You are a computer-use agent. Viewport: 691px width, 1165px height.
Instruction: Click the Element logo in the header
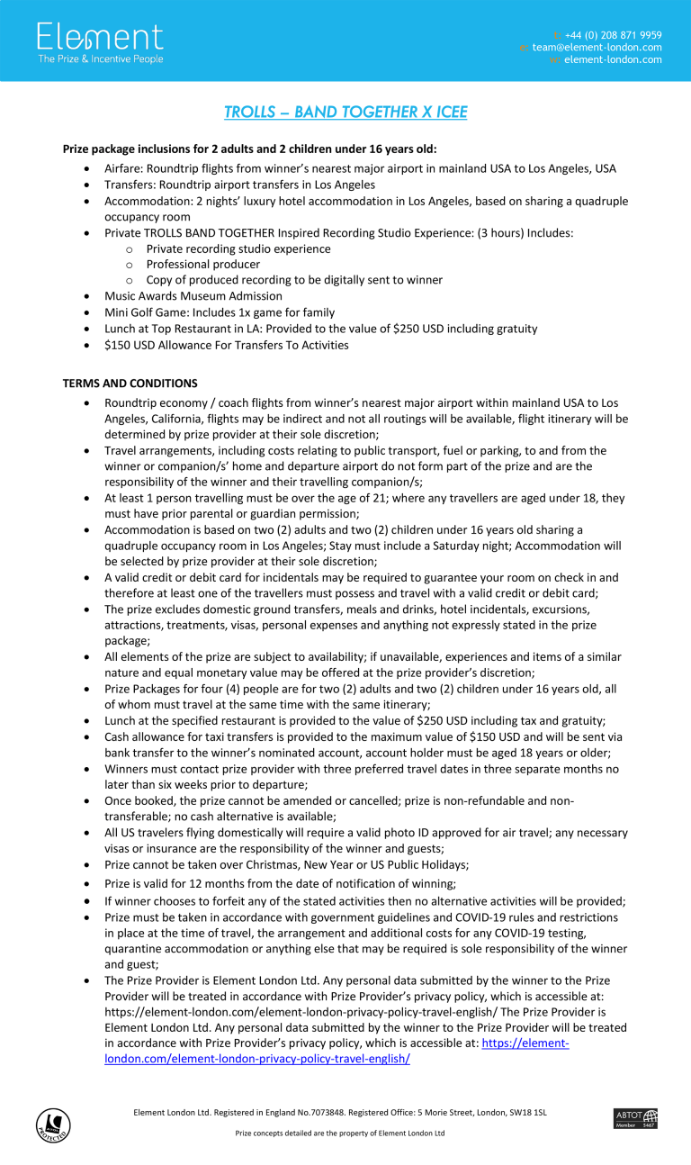(100, 38)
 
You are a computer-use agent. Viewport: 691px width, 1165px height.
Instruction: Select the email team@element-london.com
(597, 48)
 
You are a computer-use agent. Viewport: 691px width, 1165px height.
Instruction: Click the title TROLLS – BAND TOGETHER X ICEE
(345, 113)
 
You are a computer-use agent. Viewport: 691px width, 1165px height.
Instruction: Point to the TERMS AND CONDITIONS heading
(130, 384)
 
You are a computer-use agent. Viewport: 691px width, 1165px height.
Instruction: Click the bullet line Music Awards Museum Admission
(193, 296)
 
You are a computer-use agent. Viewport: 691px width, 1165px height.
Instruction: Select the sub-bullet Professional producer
(203, 265)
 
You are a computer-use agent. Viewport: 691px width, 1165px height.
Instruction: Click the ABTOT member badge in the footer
(635, 1118)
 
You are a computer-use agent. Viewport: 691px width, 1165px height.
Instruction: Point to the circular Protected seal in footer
(53, 1124)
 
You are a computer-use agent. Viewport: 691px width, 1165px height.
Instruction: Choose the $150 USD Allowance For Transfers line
(226, 345)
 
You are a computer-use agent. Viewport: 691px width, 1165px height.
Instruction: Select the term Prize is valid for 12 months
(280, 883)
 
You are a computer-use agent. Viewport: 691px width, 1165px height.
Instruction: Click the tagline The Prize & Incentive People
(100, 59)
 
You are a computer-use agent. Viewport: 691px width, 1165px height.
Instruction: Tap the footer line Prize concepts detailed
(340, 1133)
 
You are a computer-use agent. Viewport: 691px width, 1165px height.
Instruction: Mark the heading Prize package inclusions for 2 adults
(249, 149)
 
